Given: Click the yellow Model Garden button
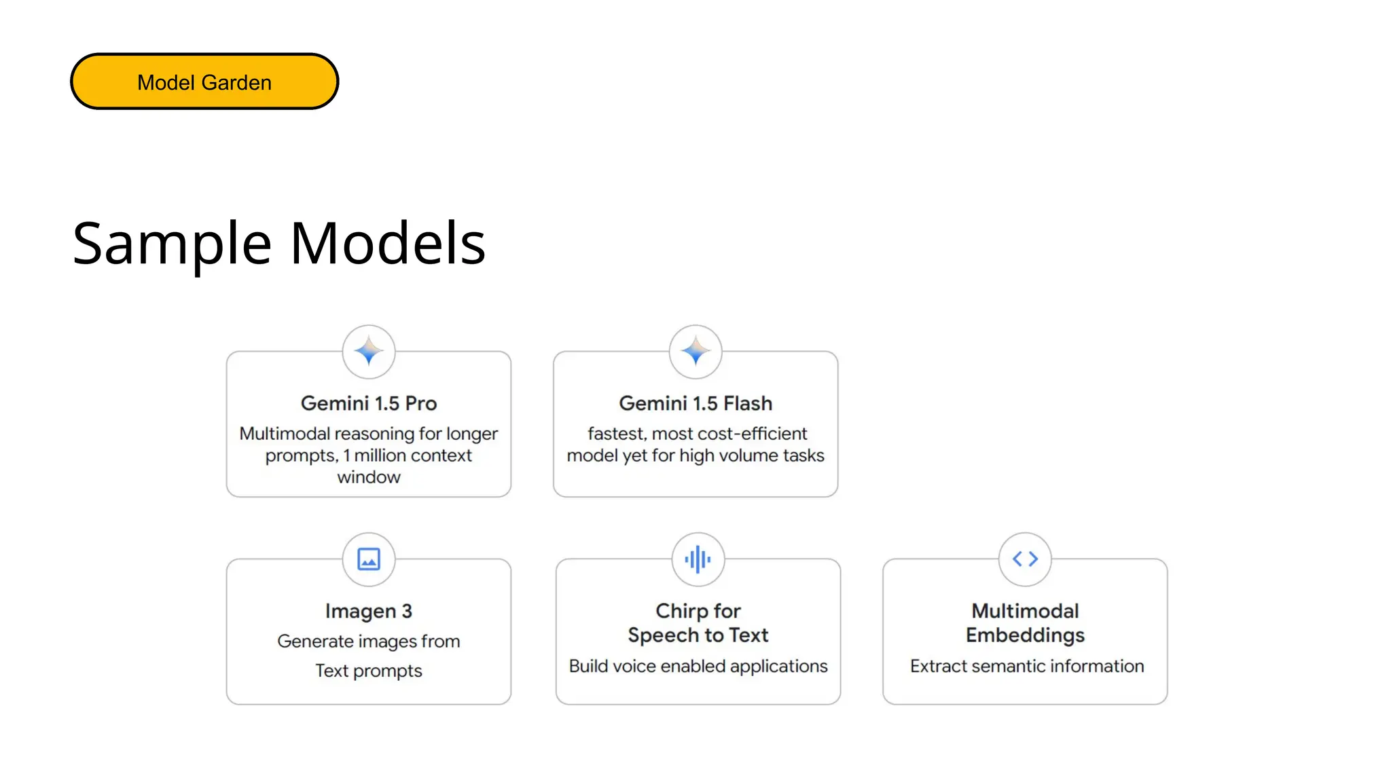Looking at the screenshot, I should coord(204,81).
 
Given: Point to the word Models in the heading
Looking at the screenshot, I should coord(388,243).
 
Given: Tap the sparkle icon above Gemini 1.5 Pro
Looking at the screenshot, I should coord(369,352).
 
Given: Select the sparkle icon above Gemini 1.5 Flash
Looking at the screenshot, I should coord(695,352).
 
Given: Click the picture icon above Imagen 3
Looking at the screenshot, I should coord(369,559).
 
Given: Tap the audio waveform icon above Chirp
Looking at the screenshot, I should coord(698,559).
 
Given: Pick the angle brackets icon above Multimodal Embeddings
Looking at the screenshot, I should coord(1025,559).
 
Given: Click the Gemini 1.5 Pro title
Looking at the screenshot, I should coord(369,403).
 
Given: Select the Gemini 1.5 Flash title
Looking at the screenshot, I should coord(695,403).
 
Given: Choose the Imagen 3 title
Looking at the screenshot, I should coord(369,611).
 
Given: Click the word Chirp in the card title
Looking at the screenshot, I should coord(682,611).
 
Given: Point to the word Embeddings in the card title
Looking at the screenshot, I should coord(1025,635).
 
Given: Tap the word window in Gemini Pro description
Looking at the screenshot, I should coord(369,477).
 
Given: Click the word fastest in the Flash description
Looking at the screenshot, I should coord(617,434).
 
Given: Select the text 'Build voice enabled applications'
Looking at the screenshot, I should coord(698,666).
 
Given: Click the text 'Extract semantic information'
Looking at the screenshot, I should coord(1026,666).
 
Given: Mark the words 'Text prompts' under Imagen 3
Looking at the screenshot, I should coord(369,671).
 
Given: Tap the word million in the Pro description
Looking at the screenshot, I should coord(380,455).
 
